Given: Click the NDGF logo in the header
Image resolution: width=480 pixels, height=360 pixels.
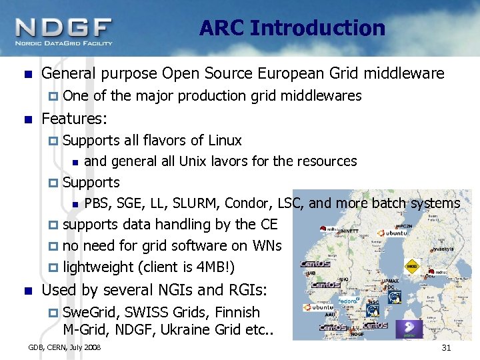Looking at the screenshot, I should [x=64, y=30].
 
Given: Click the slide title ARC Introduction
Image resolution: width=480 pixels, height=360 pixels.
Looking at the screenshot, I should [x=292, y=28].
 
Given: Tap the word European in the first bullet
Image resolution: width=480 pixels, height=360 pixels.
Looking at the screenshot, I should [x=307, y=73].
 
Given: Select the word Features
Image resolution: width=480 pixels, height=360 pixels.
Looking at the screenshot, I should [x=74, y=119].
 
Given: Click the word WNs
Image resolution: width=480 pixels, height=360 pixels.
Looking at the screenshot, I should [x=265, y=245].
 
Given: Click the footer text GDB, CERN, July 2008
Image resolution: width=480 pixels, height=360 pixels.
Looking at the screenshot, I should [x=64, y=348].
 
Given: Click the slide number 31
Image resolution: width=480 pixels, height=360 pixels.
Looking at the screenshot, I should [x=446, y=349].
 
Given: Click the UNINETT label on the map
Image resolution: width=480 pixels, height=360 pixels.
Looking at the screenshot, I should [x=348, y=231].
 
